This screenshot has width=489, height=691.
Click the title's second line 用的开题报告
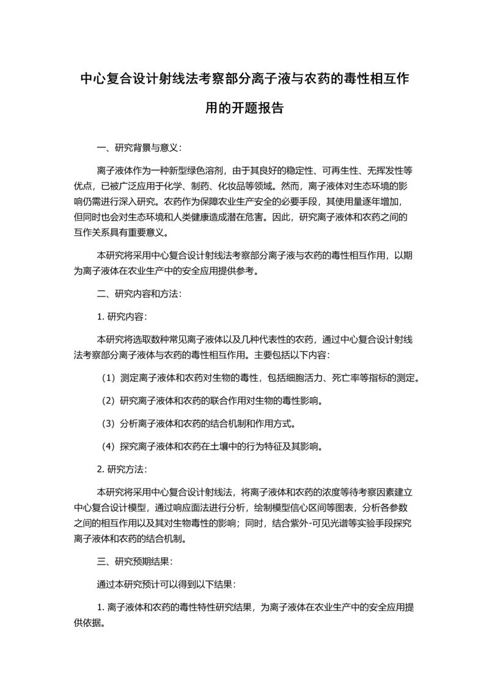244,109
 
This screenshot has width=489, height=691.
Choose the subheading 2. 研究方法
122,469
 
